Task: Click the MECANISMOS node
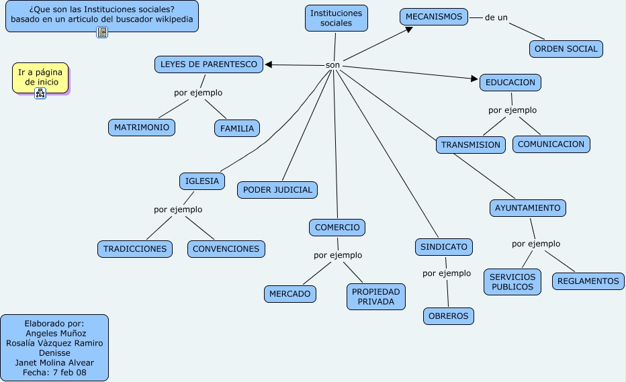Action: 434,17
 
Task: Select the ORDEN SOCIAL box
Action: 566,49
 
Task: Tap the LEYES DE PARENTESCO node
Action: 209,64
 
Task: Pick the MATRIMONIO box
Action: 142,128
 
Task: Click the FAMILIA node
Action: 237,128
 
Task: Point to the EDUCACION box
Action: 510,83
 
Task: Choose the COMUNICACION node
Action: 551,144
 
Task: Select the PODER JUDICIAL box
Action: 277,190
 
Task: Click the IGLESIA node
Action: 202,181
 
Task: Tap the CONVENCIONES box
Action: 226,249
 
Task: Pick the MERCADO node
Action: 290,294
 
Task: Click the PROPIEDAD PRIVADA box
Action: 375,297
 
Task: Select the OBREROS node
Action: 448,316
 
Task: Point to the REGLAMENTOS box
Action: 588,281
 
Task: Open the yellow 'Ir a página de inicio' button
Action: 41,77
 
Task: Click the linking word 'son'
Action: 332,65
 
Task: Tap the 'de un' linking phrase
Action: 496,17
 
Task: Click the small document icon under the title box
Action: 102,32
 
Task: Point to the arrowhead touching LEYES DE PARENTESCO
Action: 268,64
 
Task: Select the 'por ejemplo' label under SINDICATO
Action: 447,273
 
